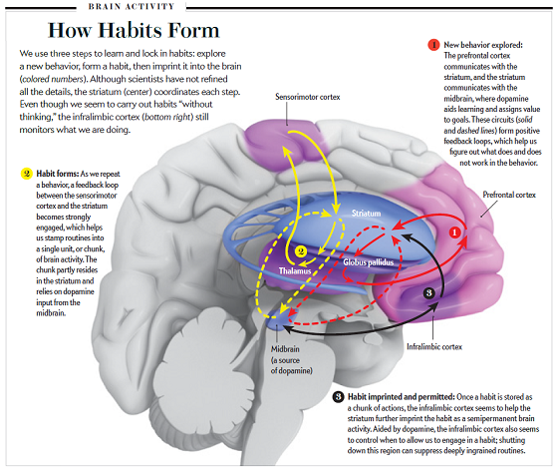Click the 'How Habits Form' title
click(x=134, y=30)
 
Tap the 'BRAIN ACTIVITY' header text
click(x=132, y=6)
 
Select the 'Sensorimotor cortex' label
click(x=308, y=97)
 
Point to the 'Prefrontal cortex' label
click(x=509, y=195)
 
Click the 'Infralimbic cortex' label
click(x=434, y=347)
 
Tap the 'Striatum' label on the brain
click(x=367, y=214)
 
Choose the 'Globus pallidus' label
click(x=369, y=262)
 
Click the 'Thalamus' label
click(x=295, y=271)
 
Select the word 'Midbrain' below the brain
click(x=285, y=349)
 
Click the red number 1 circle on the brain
click(x=454, y=233)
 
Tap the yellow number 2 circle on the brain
click(x=301, y=251)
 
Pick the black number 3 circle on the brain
click(x=429, y=293)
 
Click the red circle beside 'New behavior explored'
click(x=433, y=45)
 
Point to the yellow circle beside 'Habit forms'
click(x=27, y=174)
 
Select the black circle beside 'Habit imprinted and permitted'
click(x=339, y=397)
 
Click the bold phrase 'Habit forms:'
click(x=58, y=174)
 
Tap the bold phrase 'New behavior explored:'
click(x=483, y=45)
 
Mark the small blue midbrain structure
click(x=278, y=317)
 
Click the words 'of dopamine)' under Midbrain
click(x=291, y=371)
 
